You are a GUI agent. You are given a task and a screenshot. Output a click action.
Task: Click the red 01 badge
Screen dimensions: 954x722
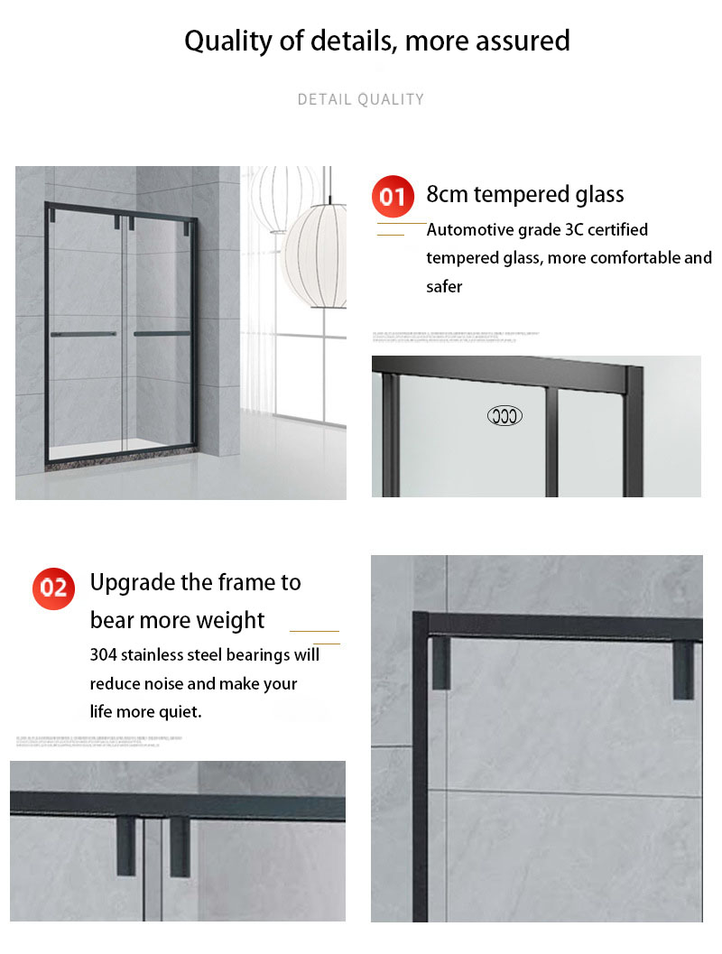(392, 196)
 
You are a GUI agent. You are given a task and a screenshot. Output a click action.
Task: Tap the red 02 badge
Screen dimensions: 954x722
(53, 588)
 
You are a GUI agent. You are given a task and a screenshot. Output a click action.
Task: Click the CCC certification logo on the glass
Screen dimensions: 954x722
(504, 416)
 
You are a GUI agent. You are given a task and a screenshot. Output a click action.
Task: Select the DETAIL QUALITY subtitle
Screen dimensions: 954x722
(360, 99)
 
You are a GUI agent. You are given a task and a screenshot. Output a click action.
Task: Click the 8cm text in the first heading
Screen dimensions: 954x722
(447, 194)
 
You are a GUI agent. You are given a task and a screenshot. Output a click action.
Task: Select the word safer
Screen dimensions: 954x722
(444, 287)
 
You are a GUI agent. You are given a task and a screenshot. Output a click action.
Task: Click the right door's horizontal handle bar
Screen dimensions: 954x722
(162, 333)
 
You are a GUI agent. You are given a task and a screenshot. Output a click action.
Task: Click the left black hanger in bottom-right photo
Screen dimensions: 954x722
(440, 663)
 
